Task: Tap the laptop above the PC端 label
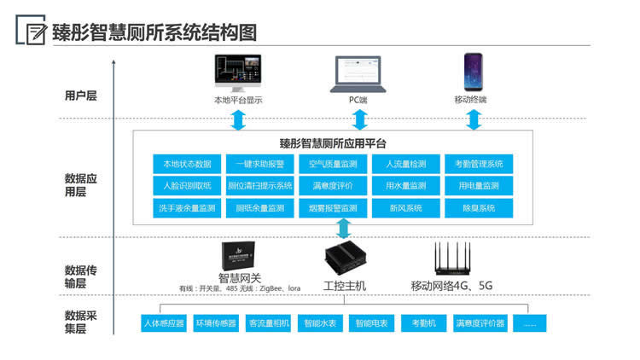coord(358,74)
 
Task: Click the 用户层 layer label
coord(81,96)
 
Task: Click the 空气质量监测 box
coord(333,163)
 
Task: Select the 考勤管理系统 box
coord(479,163)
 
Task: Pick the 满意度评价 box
coord(333,185)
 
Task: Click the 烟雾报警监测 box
coord(333,207)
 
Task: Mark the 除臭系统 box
coord(479,207)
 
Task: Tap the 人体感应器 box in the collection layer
coord(164,323)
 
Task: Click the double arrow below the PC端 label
coord(358,119)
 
